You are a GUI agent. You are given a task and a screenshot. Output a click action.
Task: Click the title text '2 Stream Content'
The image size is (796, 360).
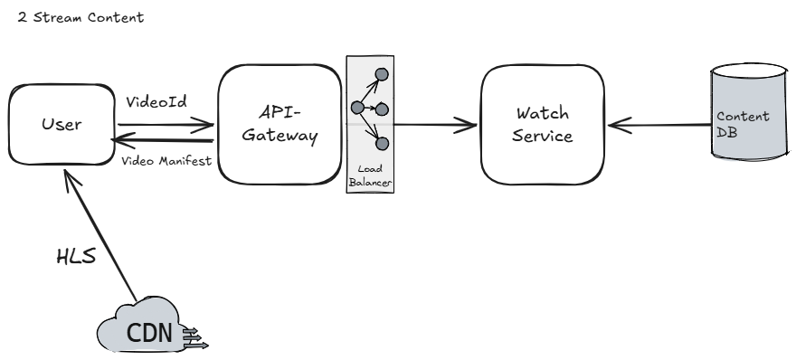coord(74,17)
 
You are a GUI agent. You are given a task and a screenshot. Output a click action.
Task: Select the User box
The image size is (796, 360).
coord(60,123)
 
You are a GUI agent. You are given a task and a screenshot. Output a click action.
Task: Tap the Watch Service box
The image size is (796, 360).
coord(543,123)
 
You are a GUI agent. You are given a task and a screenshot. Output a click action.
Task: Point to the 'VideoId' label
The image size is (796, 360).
coord(156,102)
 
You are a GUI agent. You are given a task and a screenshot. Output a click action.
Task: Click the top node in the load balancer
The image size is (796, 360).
coord(382,73)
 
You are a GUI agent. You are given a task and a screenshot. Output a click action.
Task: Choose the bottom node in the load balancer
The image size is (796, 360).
coord(382,143)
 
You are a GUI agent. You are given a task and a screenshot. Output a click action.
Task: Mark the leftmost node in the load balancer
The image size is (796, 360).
coord(356,108)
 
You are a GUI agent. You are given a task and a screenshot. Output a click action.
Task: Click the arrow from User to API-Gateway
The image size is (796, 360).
coord(162,128)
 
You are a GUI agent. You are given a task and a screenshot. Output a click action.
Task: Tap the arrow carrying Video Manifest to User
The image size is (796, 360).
coord(162,141)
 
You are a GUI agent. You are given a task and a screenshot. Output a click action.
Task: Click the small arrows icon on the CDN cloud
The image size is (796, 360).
coord(196,338)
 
